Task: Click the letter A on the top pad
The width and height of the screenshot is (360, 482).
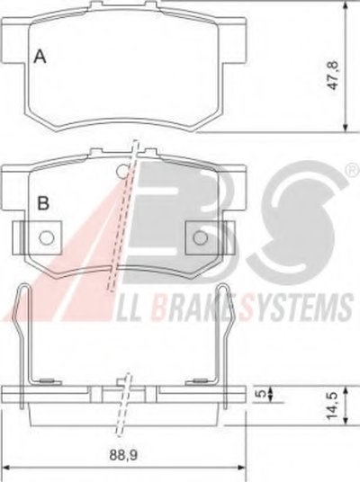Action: click(40, 57)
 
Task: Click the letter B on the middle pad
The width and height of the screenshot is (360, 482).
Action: click(43, 203)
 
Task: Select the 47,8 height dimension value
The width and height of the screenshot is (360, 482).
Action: click(333, 76)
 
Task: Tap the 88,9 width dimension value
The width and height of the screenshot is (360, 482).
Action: click(123, 455)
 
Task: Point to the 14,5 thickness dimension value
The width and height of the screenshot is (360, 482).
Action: click(333, 405)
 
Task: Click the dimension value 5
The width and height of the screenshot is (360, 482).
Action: click(260, 394)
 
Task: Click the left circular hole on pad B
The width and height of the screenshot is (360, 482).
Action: click(47, 237)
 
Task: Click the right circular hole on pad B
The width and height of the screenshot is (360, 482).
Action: click(201, 237)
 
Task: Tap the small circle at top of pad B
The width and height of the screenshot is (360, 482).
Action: click(123, 172)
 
